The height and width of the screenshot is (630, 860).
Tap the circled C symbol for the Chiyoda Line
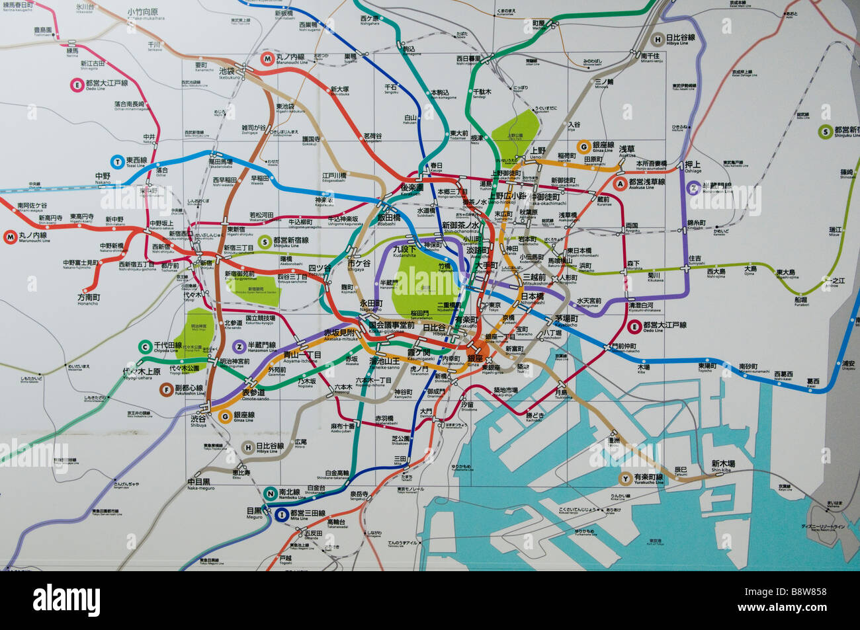[145, 346]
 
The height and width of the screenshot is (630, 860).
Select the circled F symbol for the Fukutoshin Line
[167, 390]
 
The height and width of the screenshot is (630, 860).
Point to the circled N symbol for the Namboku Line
[269, 492]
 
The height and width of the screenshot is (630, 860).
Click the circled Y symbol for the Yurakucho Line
[624, 478]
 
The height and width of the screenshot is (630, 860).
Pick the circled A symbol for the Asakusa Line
[620, 183]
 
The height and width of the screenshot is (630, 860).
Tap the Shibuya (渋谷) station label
[198, 419]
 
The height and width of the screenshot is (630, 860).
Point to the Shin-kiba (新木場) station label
[724, 463]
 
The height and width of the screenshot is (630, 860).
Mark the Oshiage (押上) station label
[693, 165]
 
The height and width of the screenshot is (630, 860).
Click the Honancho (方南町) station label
[87, 297]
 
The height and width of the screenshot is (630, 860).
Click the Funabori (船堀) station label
[801, 299]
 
